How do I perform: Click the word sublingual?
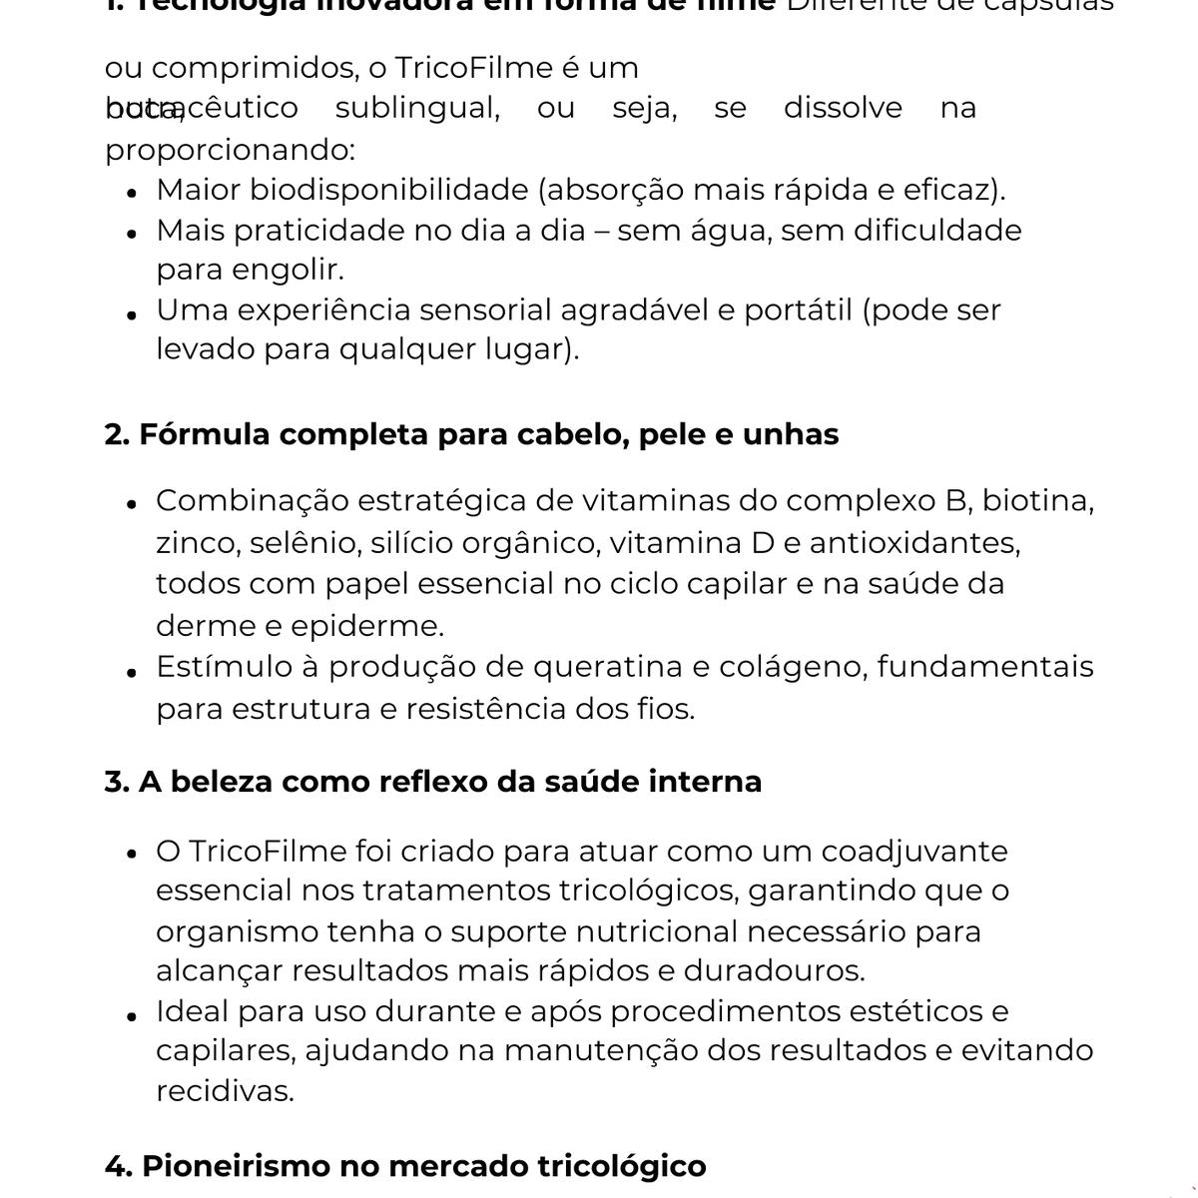coord(416,108)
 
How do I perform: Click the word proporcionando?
coord(229,150)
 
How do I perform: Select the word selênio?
coord(304,543)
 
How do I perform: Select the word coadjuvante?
coord(913,852)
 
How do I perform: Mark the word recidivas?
coord(225,1091)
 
